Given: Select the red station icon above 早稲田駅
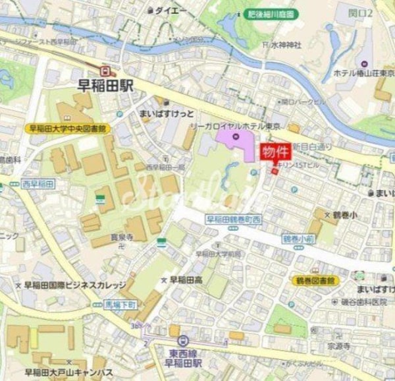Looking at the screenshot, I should click(x=104, y=70).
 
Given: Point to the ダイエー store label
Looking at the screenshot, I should click(x=170, y=11).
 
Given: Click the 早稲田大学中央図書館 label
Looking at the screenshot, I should click(x=68, y=129).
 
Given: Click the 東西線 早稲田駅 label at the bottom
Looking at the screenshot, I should click(x=184, y=358).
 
